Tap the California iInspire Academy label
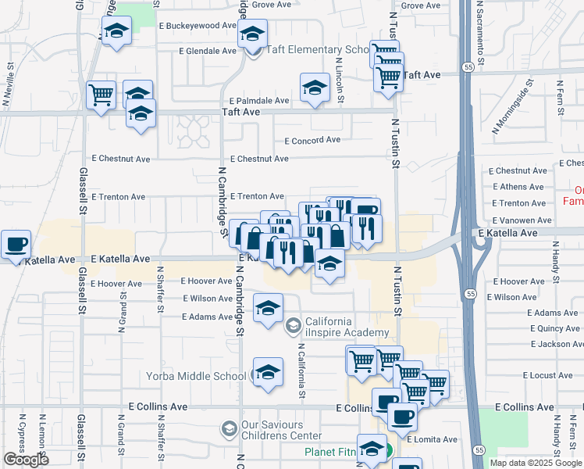[x=347, y=328]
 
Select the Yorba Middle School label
[x=196, y=376]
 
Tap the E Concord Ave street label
[x=312, y=141]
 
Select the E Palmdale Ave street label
[x=259, y=101]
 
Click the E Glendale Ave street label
[x=207, y=51]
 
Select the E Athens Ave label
[x=517, y=187]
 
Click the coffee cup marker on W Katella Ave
[x=16, y=244]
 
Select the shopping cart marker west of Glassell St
[x=101, y=95]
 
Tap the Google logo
[x=26, y=460]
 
